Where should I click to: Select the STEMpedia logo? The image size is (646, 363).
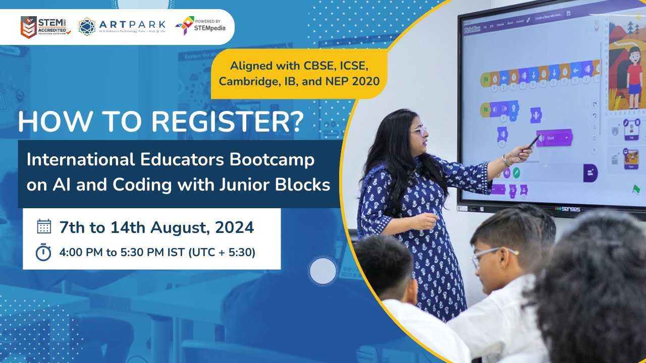tap(200, 26)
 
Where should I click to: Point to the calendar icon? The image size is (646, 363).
tap(44, 227)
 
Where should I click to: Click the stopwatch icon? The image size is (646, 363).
tap(44, 252)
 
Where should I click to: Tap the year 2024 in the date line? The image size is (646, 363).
tap(234, 228)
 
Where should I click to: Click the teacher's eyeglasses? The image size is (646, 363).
tap(418, 132)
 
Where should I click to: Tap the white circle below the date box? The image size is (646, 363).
tap(322, 272)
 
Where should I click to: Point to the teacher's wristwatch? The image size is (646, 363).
tap(505, 161)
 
